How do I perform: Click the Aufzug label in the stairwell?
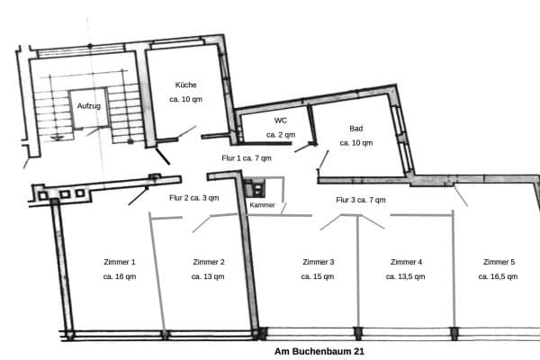coord(88,105)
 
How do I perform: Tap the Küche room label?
coord(186,85)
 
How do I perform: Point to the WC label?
coord(280,120)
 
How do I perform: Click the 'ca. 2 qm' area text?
coord(280,135)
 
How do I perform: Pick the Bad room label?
coord(356,128)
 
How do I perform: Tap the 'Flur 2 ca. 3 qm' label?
coord(193,198)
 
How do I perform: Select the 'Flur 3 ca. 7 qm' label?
coord(361,200)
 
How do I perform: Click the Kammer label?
coord(263,205)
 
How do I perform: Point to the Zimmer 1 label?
coord(120,262)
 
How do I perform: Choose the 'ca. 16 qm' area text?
coord(120,277)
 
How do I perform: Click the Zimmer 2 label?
coord(209,262)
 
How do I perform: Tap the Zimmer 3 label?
coord(319,262)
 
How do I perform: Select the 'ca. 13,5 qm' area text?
coord(406,277)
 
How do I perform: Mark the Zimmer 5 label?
coord(499,262)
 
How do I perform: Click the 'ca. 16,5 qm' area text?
coord(499,277)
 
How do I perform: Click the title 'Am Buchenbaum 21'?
coord(312,352)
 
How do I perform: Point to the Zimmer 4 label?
coord(406,262)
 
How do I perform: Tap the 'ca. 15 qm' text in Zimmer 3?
coord(319,277)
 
